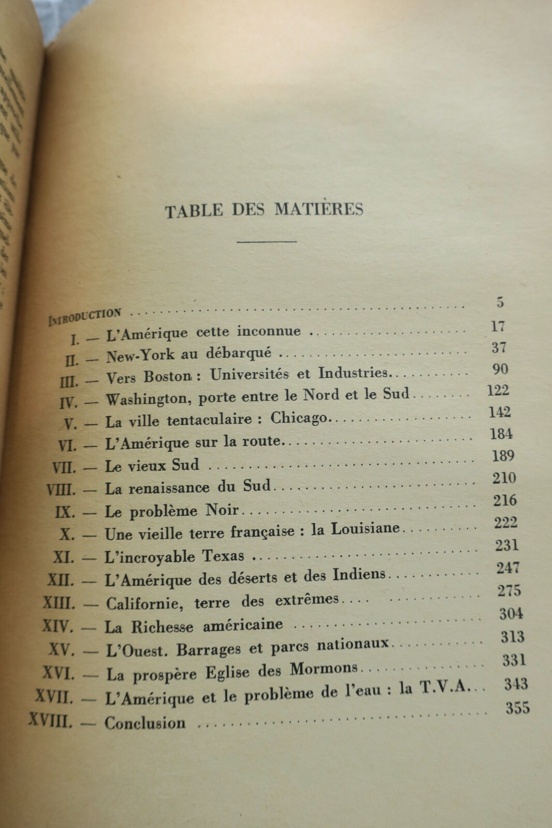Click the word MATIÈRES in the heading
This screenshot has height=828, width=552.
coord(318,210)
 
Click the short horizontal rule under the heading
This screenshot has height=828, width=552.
coord(266,241)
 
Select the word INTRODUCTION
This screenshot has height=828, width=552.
coord(85,315)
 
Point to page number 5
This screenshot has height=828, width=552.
coord(500,302)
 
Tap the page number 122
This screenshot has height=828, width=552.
coord(498,390)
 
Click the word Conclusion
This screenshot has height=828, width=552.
coord(145,722)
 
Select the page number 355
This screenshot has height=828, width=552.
coord(517,707)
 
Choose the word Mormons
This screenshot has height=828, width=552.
coord(324,669)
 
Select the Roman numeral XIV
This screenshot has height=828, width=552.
coord(59,627)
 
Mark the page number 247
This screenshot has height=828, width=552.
coord(508,568)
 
